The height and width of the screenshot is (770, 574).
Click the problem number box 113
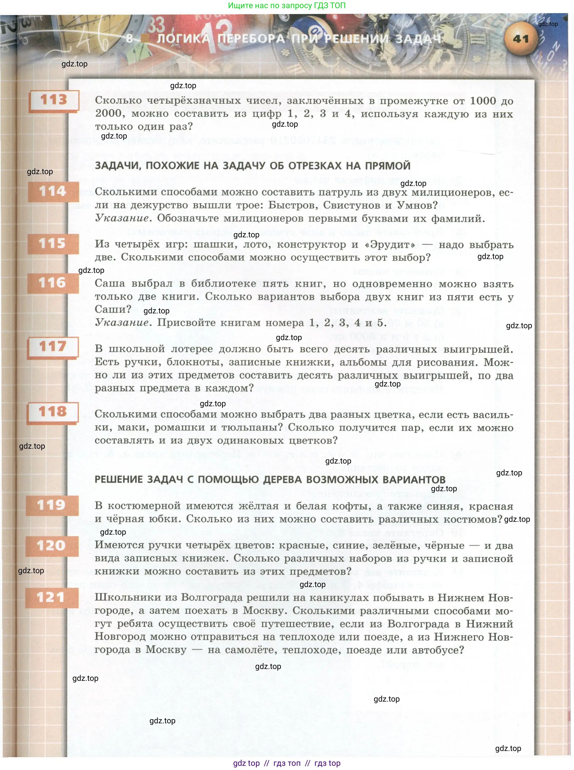(x=54, y=100)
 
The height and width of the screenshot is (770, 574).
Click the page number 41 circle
(x=520, y=39)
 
